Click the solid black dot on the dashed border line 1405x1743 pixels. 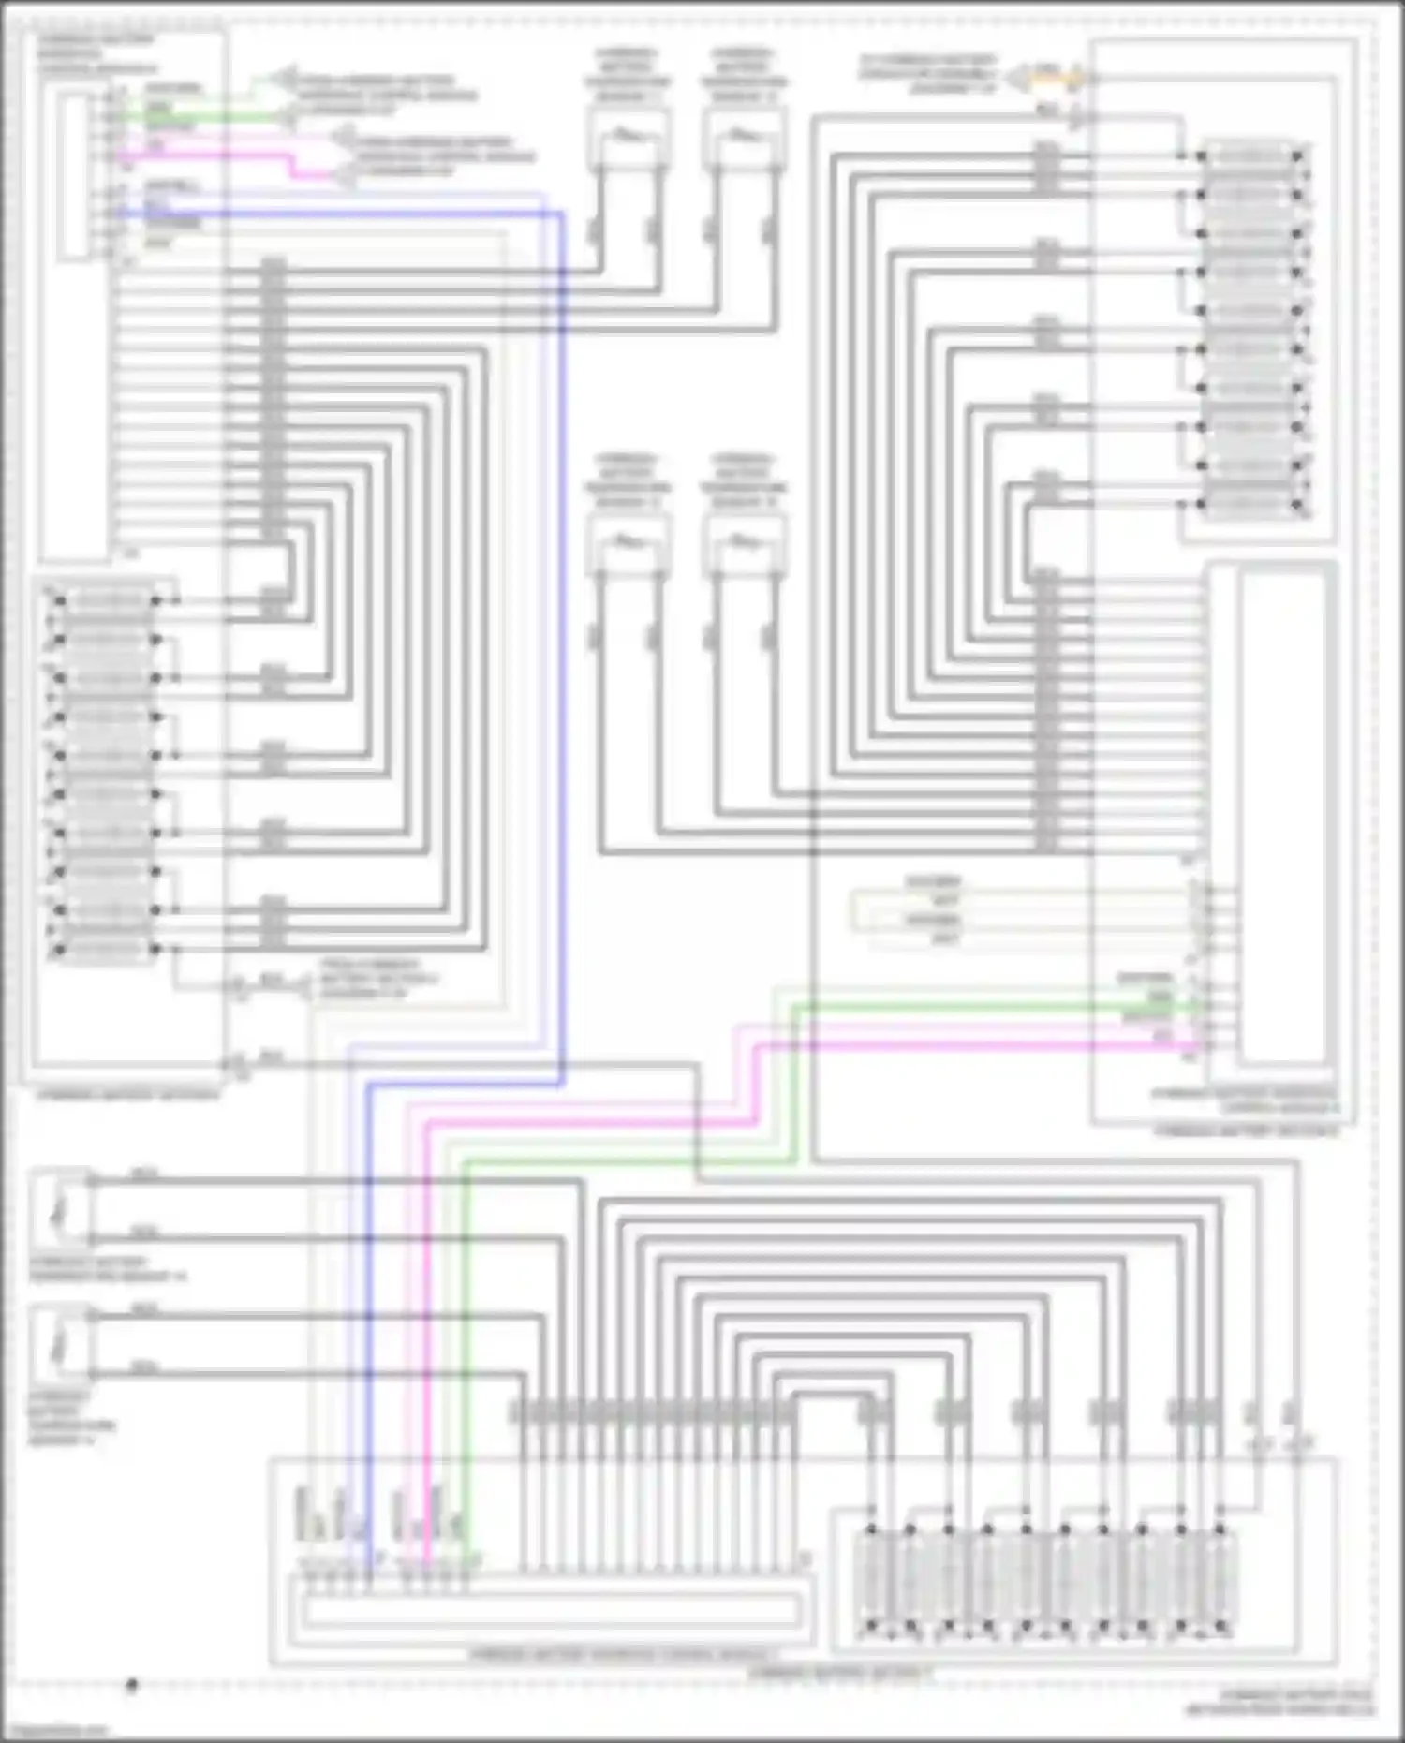132,1686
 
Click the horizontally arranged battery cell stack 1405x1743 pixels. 1044,1582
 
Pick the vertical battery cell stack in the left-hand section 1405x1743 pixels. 108,775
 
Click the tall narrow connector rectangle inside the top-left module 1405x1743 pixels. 73,175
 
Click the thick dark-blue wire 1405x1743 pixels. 561,656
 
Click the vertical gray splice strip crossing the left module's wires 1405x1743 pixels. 273,403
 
